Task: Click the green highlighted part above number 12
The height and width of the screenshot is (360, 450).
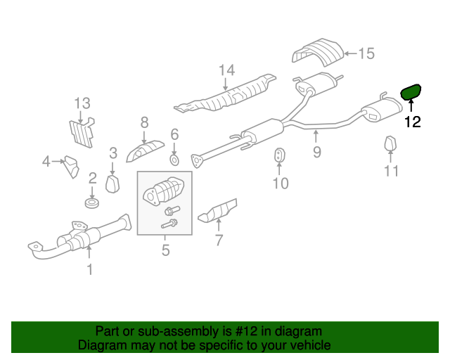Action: tap(411, 92)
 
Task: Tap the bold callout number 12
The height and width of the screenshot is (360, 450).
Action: tap(413, 122)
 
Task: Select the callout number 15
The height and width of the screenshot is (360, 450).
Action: tap(366, 53)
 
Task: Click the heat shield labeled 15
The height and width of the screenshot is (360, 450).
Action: tap(318, 52)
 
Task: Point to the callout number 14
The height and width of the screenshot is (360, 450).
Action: tap(226, 70)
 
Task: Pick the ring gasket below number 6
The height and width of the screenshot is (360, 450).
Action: tap(174, 160)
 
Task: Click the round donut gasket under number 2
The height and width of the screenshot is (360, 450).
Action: tap(92, 202)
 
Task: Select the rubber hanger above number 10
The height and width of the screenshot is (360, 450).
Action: tap(279, 155)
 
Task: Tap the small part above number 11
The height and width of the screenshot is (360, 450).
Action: tap(390, 143)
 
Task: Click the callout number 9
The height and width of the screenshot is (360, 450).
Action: tap(317, 152)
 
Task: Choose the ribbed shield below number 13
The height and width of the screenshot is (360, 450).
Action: tap(82, 132)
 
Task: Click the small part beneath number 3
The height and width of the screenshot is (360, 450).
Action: tap(112, 184)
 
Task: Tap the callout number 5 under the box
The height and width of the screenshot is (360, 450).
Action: tap(166, 250)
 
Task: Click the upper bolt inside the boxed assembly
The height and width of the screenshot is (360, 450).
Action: tap(172, 210)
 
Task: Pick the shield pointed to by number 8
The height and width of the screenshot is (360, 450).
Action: tap(146, 151)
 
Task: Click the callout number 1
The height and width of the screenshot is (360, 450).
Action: tap(90, 269)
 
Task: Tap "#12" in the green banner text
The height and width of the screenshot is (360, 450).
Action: tap(246, 331)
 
